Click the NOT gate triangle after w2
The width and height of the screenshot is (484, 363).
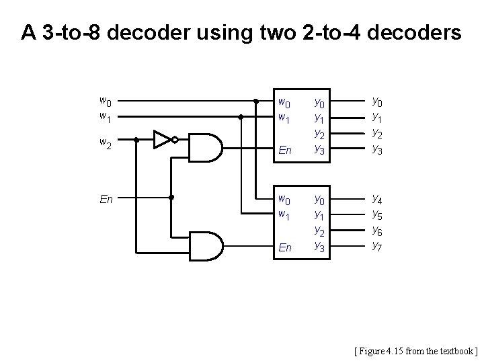tap(162, 140)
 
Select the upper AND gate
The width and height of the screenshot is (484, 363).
tap(206, 147)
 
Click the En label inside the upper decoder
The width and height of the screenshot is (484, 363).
tap(285, 151)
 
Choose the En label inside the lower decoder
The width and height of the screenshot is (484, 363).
tap(285, 247)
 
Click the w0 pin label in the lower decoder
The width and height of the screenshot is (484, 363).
tap(285, 200)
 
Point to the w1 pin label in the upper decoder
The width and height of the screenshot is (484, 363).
tap(285, 118)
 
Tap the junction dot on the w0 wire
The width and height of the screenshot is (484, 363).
tap(256, 102)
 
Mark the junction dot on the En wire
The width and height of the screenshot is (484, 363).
tap(172, 198)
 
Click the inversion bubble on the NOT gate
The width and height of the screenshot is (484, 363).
tap(175, 140)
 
